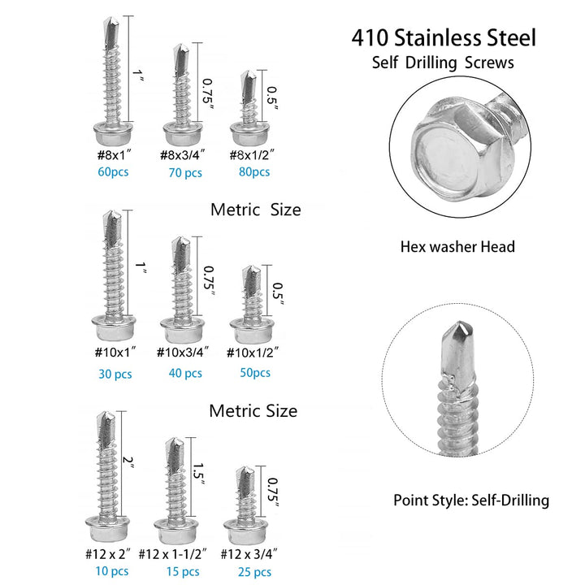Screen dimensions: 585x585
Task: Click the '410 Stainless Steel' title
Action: pos(444,37)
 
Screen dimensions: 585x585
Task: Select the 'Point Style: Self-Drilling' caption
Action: pos(471,500)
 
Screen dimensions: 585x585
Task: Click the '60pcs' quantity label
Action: pos(114,171)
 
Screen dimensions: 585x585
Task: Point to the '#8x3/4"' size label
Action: pos(182,154)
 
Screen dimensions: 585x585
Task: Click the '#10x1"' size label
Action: pos(113,351)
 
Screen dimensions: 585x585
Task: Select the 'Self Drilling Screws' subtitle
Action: pos(444,63)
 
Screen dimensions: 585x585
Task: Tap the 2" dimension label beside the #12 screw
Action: pos(128,462)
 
